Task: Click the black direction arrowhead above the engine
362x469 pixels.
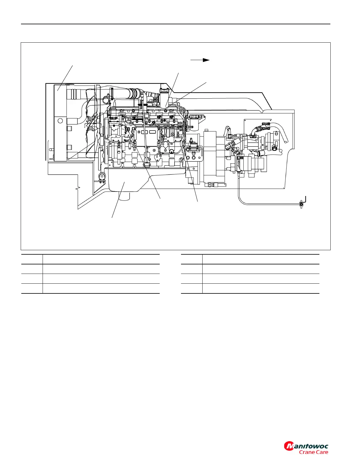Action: [x=206, y=60]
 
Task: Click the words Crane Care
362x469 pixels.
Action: [x=313, y=452]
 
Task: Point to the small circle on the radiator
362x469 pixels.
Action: [x=60, y=121]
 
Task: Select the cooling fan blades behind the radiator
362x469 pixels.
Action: [x=90, y=124]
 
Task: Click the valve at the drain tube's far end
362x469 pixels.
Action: [x=302, y=204]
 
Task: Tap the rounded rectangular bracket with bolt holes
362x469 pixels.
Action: [x=193, y=154]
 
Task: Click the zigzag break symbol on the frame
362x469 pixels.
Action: [x=77, y=188]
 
